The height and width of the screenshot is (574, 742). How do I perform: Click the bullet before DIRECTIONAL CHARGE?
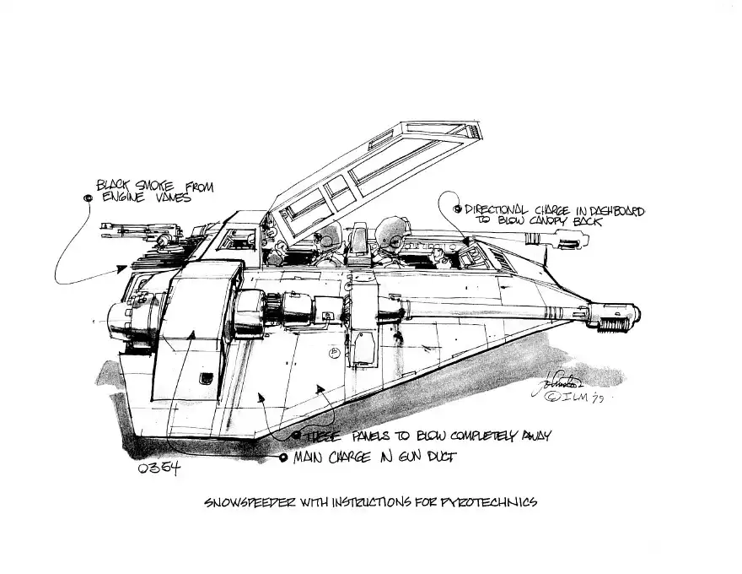click(457, 208)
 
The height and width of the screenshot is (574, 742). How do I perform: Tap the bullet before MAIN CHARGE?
click(282, 458)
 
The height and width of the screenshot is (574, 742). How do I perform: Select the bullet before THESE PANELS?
click(296, 436)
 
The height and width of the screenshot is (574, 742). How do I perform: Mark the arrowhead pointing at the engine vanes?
click(124, 267)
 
